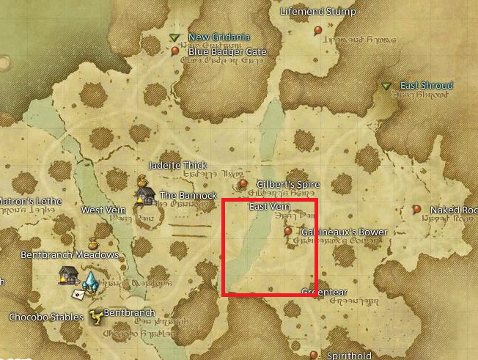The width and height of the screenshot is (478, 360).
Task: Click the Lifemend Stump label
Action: (x=318, y=12)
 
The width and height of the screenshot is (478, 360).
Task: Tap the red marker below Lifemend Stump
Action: (x=317, y=30)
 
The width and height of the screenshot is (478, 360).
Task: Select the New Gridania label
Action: (x=219, y=37)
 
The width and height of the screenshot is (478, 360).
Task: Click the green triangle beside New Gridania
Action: (x=174, y=37)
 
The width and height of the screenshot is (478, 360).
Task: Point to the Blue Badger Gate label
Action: (x=227, y=52)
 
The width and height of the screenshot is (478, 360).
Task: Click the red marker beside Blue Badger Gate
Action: (x=175, y=51)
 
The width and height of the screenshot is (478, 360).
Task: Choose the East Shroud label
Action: (x=426, y=86)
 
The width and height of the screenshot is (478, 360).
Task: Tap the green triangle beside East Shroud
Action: (x=386, y=87)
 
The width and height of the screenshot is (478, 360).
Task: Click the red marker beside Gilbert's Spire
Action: (x=243, y=183)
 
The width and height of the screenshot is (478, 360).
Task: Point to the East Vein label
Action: (x=271, y=207)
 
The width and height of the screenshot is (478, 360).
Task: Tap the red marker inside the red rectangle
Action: (x=288, y=230)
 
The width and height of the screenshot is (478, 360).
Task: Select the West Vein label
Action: (x=103, y=210)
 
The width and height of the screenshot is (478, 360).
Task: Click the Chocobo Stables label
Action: (x=45, y=317)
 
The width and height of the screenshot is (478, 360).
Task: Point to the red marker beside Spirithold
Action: (x=314, y=355)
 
